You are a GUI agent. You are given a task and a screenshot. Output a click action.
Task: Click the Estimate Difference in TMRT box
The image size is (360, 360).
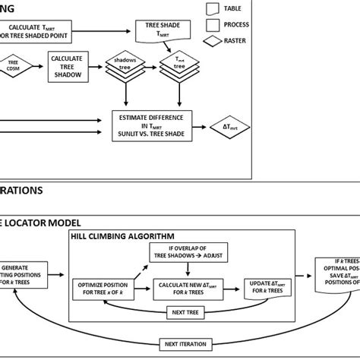[155, 124]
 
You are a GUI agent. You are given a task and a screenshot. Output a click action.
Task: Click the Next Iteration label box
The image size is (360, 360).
[184, 346]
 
